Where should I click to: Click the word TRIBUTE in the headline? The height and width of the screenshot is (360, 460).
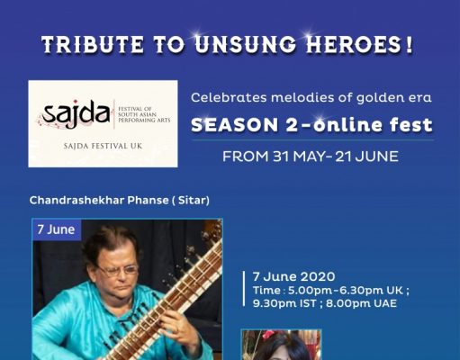pyautogui.click(x=93, y=44)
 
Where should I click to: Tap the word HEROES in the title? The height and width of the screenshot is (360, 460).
pyautogui.click(x=355, y=44)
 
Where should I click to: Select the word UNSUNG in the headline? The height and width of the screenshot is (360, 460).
pyautogui.click(x=246, y=44)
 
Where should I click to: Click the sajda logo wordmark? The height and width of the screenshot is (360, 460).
pyautogui.click(x=77, y=113)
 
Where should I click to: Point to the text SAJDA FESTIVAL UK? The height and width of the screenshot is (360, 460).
pyautogui.click(x=103, y=147)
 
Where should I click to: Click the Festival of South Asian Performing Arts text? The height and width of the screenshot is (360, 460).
pyautogui.click(x=144, y=114)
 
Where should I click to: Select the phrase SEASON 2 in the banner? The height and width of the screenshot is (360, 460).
pyautogui.click(x=244, y=125)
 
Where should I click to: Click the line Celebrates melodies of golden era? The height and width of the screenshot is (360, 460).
pyautogui.click(x=311, y=97)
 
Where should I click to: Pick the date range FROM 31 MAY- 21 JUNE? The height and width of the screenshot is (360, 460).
pyautogui.click(x=311, y=157)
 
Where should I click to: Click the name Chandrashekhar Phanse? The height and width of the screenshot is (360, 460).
pyautogui.click(x=99, y=200)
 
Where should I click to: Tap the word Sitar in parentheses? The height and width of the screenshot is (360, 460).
pyautogui.click(x=192, y=200)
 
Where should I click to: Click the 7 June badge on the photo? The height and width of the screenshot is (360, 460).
pyautogui.click(x=57, y=229)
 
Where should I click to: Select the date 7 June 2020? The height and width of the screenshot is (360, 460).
pyautogui.click(x=293, y=276)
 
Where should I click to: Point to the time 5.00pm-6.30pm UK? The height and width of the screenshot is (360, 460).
pyautogui.click(x=345, y=291)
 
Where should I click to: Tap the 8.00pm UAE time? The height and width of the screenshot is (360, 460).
pyautogui.click(x=361, y=303)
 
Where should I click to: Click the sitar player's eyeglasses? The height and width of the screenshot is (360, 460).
pyautogui.click(x=118, y=270)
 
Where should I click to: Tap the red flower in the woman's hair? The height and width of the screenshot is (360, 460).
pyautogui.click(x=268, y=335)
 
